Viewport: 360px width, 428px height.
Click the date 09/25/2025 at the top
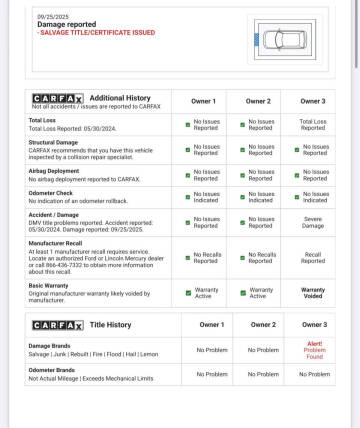tap(51, 17)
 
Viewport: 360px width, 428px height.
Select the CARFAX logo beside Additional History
tap(58, 98)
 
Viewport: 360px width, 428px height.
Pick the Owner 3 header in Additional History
tap(313, 101)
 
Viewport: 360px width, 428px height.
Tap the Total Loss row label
tap(43, 120)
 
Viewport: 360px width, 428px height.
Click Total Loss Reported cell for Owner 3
tap(313, 124)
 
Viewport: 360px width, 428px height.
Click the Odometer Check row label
tap(51, 192)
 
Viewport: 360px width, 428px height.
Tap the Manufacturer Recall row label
tap(59, 242)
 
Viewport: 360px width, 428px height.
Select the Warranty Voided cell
tap(313, 294)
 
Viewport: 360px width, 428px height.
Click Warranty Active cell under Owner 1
tap(206, 294)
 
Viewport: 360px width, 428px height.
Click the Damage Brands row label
tap(51, 345)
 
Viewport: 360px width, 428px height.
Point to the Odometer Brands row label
tap(55, 371)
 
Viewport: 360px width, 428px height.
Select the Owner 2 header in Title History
tap(263, 324)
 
